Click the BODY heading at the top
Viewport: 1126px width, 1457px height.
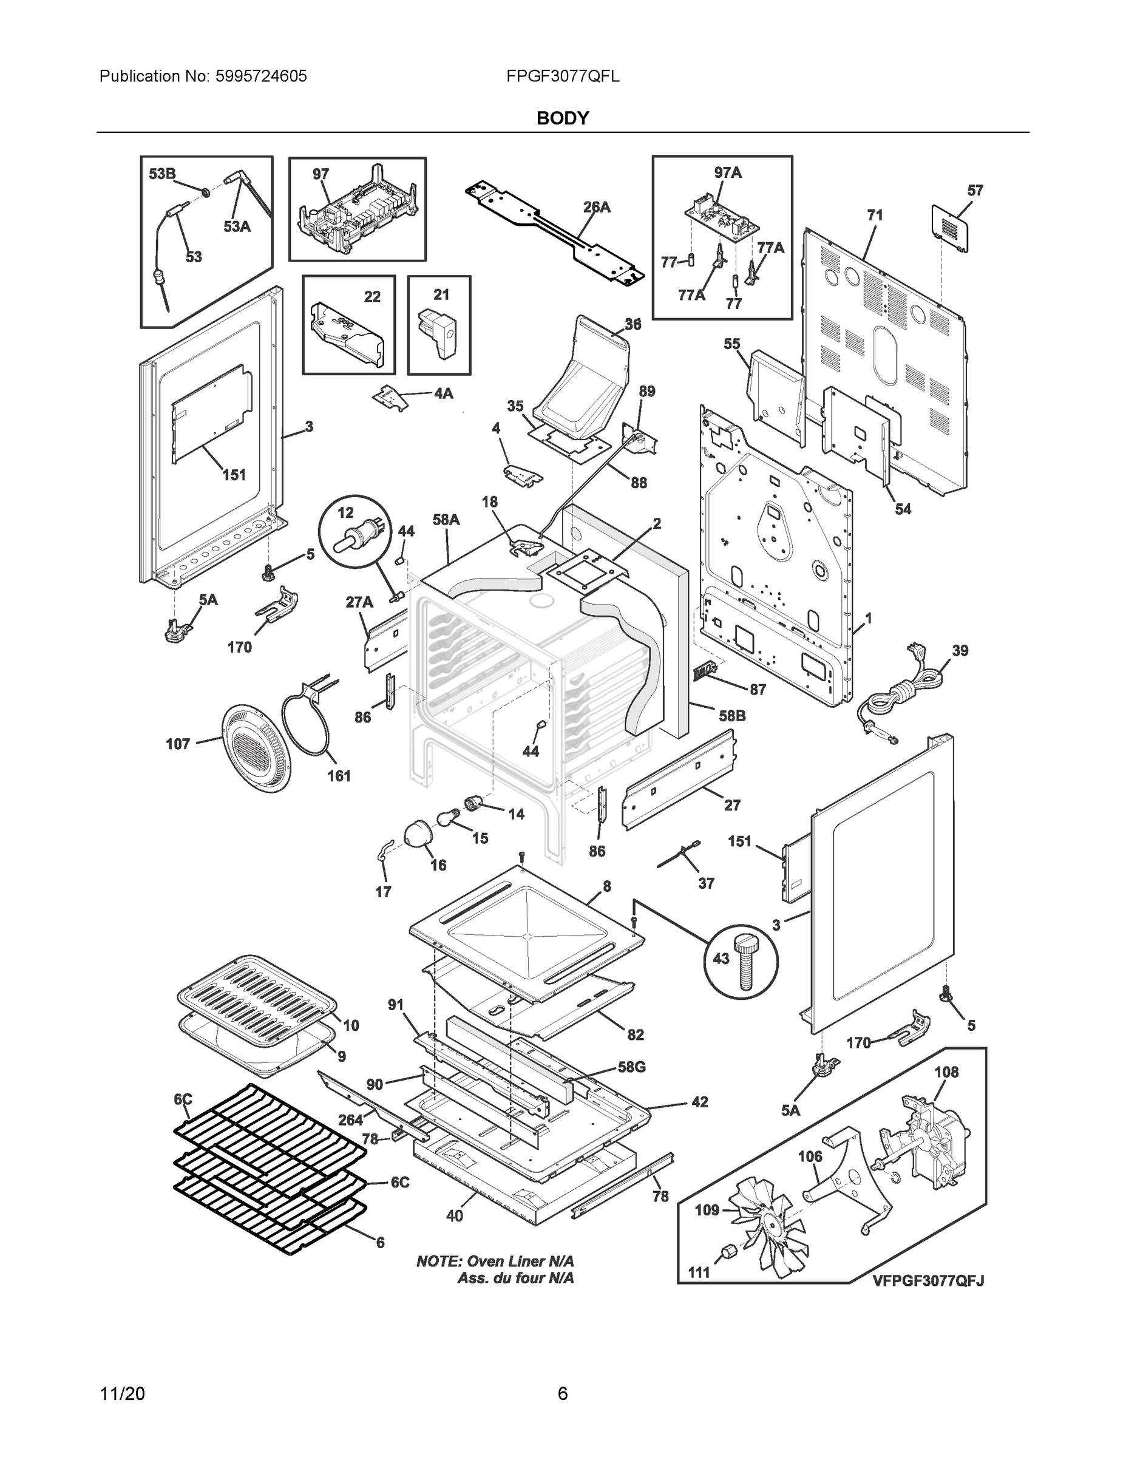tap(562, 118)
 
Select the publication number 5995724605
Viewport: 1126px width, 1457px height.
tap(261, 76)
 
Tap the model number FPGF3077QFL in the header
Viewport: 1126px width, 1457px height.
tap(562, 76)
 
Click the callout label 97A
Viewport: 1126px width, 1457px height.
tap(728, 173)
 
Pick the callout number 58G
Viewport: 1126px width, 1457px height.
tap(631, 1067)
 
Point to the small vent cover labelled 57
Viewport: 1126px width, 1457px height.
tap(949, 228)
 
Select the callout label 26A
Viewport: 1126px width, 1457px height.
tap(596, 208)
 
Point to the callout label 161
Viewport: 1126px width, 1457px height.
tap(339, 776)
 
